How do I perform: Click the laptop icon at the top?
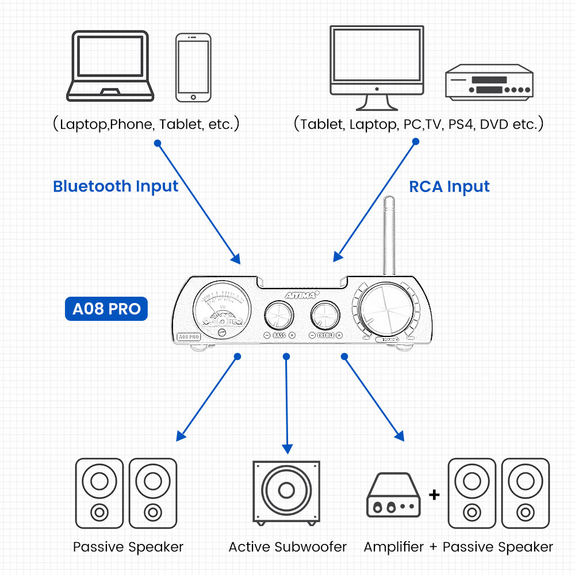pos(110,66)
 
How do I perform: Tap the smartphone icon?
pos(193,67)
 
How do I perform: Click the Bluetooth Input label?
pos(116,186)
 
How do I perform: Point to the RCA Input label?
pos(449,186)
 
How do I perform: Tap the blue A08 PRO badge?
pos(106,309)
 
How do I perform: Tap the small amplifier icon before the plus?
pos(394,495)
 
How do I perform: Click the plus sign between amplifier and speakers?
pos(434,494)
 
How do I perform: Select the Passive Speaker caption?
pos(128,547)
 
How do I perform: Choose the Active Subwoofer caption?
pos(287,547)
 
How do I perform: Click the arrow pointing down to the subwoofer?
pos(286,402)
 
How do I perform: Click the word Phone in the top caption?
pos(132,124)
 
